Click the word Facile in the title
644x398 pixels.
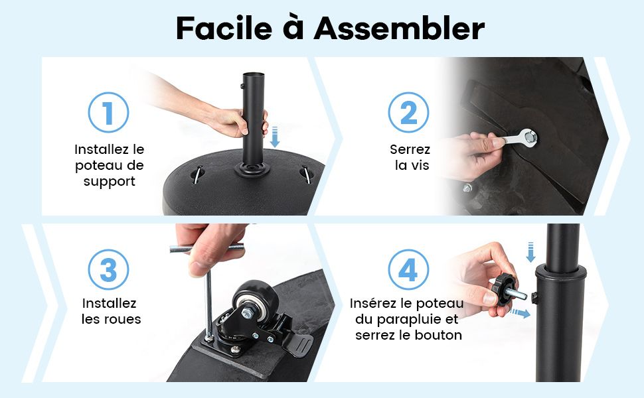[224, 28]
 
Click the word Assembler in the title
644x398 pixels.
[399, 28]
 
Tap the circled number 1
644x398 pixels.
[108, 112]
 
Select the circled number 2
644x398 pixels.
[408, 112]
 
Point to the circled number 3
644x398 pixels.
[108, 270]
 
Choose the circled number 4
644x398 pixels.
[408, 270]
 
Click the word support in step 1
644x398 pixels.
[110, 182]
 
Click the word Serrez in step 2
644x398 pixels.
[410, 149]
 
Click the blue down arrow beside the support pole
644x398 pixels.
[275, 137]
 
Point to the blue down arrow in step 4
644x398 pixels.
[530, 252]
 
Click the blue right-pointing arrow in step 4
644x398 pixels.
[520, 314]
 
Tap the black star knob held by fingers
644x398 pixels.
[505, 289]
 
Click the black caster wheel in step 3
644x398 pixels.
[251, 299]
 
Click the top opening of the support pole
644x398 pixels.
[254, 75]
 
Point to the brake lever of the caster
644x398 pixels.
[299, 344]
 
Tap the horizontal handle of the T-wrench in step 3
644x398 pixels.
[206, 248]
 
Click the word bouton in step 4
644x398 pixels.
[438, 335]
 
